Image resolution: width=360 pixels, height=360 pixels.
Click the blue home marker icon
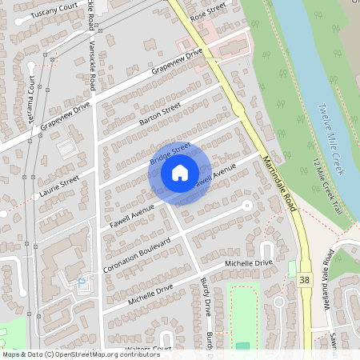tap(179, 172)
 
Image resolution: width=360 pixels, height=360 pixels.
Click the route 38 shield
tap(304, 280)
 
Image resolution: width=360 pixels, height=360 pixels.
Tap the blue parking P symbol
tap(81, 282)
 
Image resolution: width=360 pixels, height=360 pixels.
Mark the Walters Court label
tap(149, 349)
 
